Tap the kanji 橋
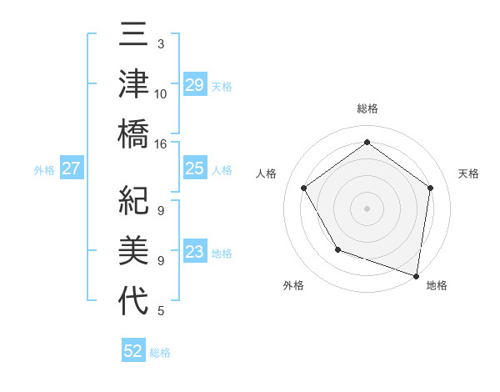(133, 133)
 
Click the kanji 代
(133, 299)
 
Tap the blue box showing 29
(194, 84)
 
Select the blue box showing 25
(194, 168)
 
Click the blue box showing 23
(194, 252)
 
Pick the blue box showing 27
(72, 168)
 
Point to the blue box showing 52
(133, 351)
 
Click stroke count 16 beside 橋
(161, 143)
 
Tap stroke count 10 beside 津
(161, 93)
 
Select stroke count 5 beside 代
(161, 311)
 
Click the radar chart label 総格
(367, 109)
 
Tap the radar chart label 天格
(468, 173)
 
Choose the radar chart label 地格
(437, 285)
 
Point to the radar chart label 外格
(293, 285)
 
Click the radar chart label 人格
(267, 173)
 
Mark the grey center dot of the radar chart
(367, 208)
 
